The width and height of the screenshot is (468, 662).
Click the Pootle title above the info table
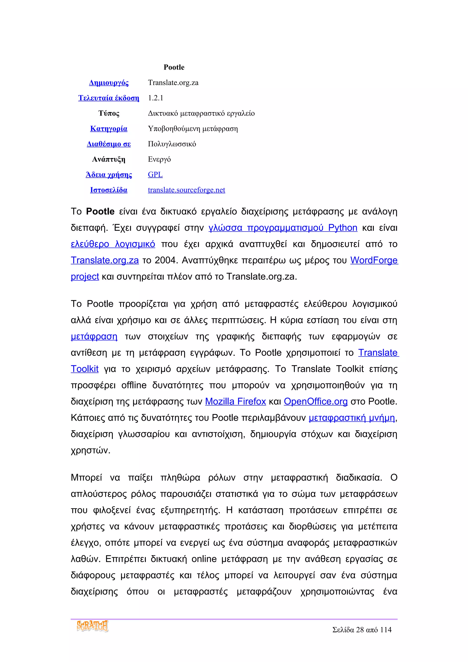tap(174, 67)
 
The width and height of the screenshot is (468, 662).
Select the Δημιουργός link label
tap(109, 83)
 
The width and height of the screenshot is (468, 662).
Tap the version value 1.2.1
tap(155, 98)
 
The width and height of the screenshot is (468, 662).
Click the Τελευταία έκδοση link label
tap(109, 98)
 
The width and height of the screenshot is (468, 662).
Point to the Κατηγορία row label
tap(109, 129)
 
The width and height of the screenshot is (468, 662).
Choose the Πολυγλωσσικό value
tap(172, 144)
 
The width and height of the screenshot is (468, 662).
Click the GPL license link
tap(155, 175)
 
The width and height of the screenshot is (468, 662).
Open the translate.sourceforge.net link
tap(186, 190)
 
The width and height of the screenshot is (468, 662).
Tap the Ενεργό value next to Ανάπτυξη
tap(159, 159)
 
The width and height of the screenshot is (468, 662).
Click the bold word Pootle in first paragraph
tap(100, 211)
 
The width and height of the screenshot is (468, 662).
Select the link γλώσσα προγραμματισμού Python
tap(283, 228)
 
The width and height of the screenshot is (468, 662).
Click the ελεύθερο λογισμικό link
tap(113, 244)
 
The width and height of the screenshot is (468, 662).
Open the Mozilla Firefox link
tap(235, 401)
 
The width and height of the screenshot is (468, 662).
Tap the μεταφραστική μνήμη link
tap(351, 418)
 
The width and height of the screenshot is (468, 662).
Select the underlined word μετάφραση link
tap(94, 336)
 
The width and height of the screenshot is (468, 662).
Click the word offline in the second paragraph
tap(134, 385)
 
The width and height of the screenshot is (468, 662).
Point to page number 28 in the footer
tap(360, 630)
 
